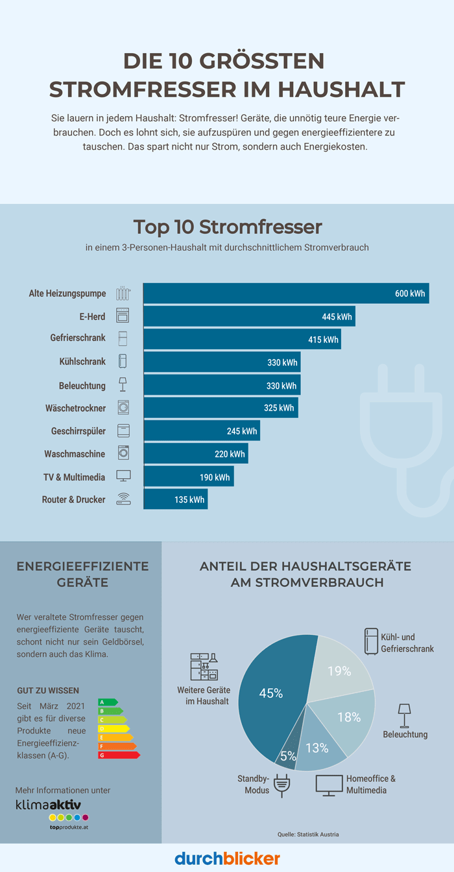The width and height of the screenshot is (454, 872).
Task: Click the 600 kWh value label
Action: [x=410, y=293]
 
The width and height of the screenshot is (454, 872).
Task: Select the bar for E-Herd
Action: [x=249, y=316]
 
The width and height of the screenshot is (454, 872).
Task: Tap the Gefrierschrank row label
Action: [x=78, y=338]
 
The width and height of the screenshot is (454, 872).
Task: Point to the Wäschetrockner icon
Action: [x=123, y=407]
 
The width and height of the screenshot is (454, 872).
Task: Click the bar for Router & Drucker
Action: [x=175, y=499]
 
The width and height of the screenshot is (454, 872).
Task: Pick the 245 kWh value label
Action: [x=241, y=431]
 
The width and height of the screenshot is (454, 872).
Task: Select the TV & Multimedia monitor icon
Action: [x=123, y=476]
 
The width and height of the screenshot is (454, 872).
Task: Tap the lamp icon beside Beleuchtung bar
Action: [x=123, y=385]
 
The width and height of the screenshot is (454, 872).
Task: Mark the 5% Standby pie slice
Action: [x=287, y=753]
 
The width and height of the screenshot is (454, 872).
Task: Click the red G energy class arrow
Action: [x=119, y=755]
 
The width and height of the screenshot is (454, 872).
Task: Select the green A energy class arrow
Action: [x=107, y=702]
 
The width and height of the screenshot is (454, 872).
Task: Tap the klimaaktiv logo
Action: [x=49, y=804]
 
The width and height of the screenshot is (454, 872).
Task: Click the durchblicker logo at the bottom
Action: [x=227, y=858]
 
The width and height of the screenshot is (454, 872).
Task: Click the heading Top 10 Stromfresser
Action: [x=227, y=227]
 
